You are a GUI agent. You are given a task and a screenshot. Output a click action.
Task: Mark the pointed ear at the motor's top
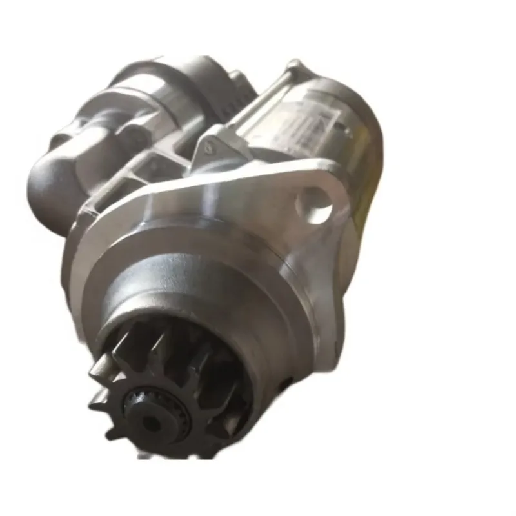(295, 65)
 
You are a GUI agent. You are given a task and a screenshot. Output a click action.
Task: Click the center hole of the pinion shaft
(149, 422)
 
